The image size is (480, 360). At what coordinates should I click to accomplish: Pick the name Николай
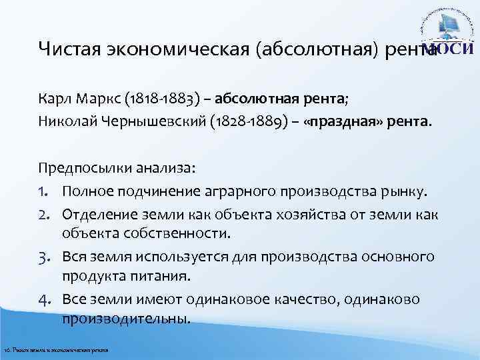[x=66, y=122]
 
